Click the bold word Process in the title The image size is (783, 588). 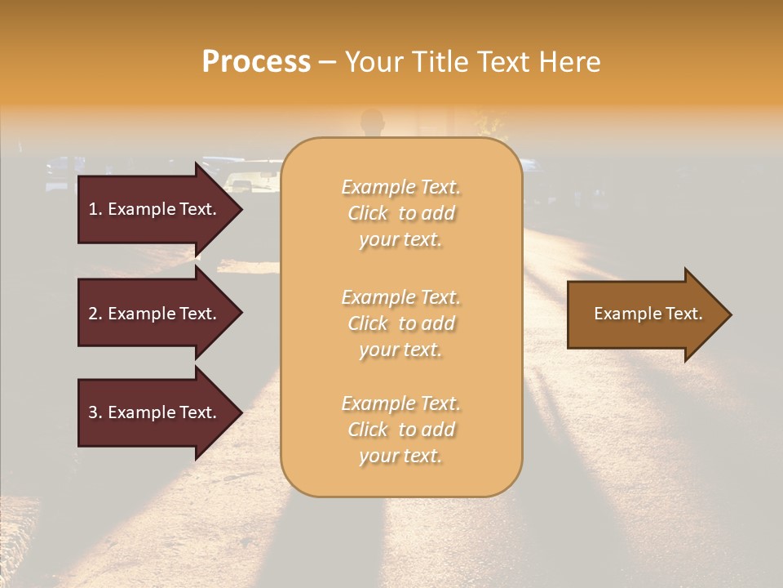point(256,62)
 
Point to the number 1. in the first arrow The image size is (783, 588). point(95,209)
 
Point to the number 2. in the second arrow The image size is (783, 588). point(95,314)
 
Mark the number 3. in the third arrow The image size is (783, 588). point(95,412)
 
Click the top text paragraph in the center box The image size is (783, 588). point(400,213)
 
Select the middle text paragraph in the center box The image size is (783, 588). point(400,323)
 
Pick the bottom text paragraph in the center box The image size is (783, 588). point(400,430)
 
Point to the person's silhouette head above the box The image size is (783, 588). point(372,119)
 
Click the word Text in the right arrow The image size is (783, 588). point(684,314)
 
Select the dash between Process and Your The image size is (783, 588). point(328,62)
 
